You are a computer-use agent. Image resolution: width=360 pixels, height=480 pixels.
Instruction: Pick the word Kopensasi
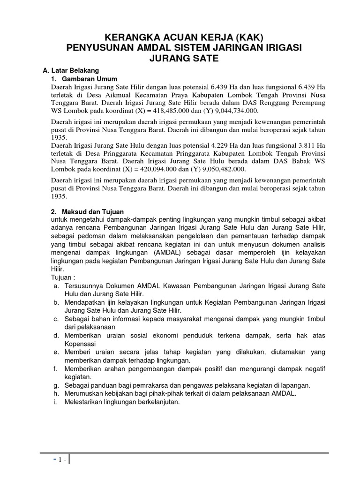[80, 344]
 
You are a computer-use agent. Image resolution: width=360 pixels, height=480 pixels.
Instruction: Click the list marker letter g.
[55, 385]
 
